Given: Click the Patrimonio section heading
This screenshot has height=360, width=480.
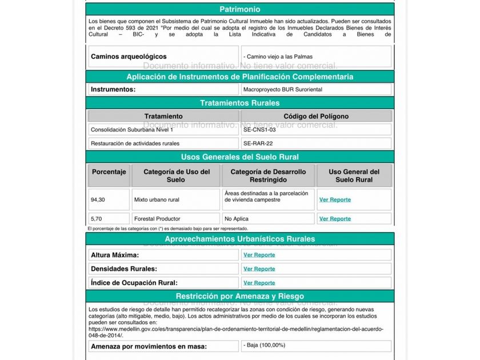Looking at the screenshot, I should tap(239, 9).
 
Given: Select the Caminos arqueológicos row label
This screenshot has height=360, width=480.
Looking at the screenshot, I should tap(129, 57).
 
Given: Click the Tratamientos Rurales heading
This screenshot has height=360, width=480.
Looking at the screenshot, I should tap(239, 103).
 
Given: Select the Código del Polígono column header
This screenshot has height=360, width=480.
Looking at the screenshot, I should tap(316, 116).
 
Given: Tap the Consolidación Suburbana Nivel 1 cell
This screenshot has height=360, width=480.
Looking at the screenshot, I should tap(131, 130).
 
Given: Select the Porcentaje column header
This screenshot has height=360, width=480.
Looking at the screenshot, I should tap(109, 171).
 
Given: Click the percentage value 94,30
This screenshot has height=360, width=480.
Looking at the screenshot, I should tap(98, 200).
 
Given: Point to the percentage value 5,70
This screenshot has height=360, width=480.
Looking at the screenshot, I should tap(95, 219).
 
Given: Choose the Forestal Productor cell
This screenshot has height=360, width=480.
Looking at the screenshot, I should tap(157, 219).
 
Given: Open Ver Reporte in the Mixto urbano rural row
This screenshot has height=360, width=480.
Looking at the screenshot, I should tap(335, 200).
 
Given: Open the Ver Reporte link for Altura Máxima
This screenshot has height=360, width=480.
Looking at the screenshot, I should tap(259, 255).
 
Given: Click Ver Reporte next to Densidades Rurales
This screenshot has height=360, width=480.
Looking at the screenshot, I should tap(259, 269).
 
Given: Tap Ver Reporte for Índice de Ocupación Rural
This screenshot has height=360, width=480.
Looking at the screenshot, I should tap(259, 283).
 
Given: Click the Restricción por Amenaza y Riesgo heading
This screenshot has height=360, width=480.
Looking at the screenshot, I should tap(239, 296).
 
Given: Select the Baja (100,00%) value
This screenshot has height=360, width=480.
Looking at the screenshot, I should tap(264, 345).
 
